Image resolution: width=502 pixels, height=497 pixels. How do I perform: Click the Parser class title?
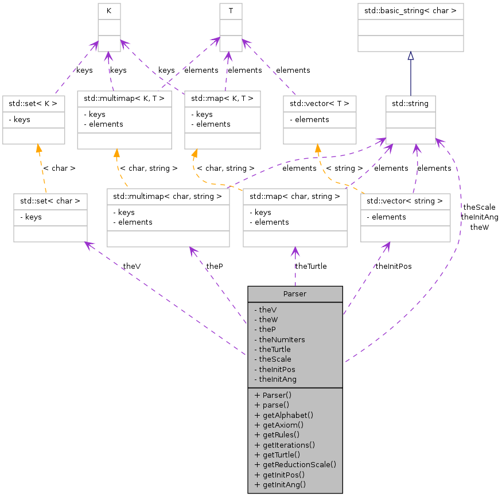click(295, 293)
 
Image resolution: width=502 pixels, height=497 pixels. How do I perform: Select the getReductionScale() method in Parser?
click(295, 464)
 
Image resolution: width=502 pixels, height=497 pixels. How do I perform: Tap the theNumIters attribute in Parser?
click(282, 339)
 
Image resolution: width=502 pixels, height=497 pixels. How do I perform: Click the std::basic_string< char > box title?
click(410, 10)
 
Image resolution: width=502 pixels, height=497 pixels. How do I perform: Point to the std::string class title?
click(410, 104)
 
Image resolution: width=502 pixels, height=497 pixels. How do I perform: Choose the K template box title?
click(108, 10)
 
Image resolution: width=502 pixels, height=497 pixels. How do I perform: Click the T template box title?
click(230, 10)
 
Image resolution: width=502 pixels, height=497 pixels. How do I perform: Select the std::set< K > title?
click(33, 104)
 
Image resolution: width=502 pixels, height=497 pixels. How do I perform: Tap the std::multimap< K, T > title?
click(124, 98)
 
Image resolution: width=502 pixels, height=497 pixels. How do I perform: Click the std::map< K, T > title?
click(222, 98)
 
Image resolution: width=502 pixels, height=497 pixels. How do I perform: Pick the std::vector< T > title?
click(320, 104)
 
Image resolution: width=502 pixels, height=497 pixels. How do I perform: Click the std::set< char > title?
click(50, 201)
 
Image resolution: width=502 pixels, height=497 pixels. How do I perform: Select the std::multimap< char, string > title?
click(168, 197)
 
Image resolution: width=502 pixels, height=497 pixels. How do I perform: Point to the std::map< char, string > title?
click(295, 197)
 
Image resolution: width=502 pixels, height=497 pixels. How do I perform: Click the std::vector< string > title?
click(405, 201)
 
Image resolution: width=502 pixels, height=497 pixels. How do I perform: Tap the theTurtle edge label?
click(310, 266)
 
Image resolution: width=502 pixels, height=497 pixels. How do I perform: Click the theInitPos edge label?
click(393, 266)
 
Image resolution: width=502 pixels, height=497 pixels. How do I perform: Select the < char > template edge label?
click(59, 169)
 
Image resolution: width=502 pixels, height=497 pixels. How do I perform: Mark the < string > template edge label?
click(344, 169)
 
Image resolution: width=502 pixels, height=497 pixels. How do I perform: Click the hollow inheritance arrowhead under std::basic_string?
click(410, 56)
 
